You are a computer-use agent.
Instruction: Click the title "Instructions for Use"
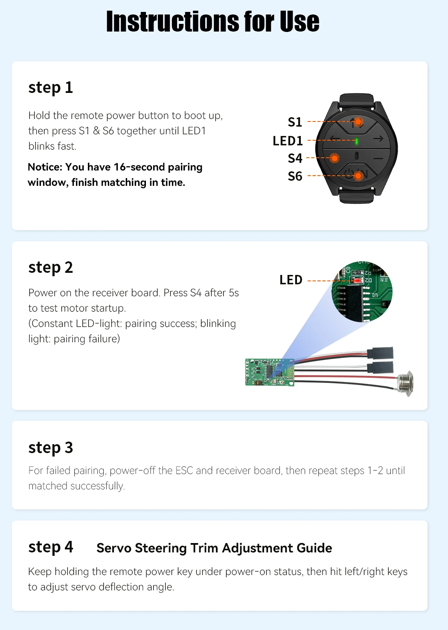[x=213, y=21]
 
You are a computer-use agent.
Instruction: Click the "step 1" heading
[x=51, y=87]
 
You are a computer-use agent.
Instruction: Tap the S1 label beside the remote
[x=295, y=122]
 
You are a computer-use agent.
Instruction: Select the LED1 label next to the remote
[x=288, y=141]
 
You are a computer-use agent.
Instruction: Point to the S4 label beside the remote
[x=295, y=158]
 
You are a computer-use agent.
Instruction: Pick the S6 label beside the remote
[x=295, y=176]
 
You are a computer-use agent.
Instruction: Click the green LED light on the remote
[x=357, y=141]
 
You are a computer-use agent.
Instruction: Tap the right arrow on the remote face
[x=378, y=139]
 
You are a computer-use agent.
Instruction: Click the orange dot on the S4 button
[x=335, y=158]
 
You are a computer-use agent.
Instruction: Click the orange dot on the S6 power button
[x=358, y=176]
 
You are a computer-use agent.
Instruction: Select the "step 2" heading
[x=51, y=267]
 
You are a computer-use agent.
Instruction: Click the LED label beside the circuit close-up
[x=291, y=280]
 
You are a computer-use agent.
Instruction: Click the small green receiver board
[x=270, y=372]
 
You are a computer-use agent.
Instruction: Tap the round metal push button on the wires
[x=405, y=384]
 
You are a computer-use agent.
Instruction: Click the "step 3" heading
[x=51, y=447]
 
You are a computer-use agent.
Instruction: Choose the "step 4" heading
[x=51, y=547]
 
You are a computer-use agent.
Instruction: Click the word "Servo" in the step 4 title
[x=114, y=548]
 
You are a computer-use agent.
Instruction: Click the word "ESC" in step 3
[x=184, y=471]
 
